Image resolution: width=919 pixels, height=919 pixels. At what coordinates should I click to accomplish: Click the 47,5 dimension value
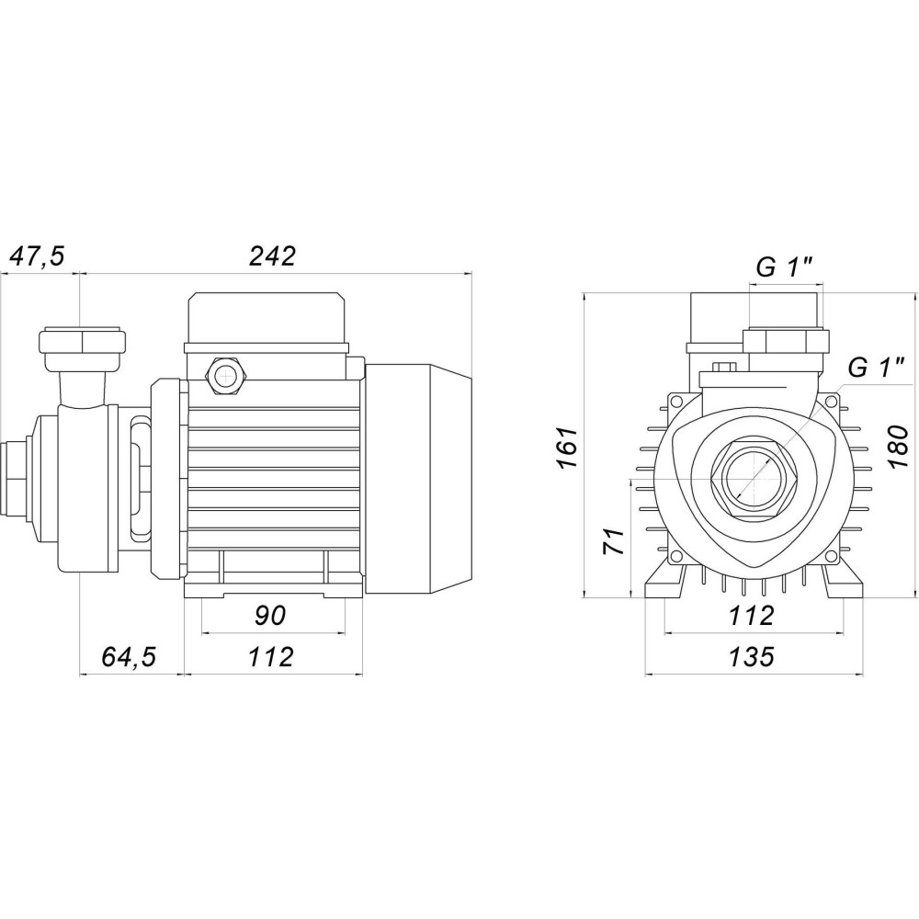[x=37, y=256]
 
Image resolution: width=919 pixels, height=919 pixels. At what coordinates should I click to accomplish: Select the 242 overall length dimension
[x=273, y=256]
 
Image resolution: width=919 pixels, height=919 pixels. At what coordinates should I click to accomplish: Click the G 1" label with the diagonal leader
[x=877, y=369]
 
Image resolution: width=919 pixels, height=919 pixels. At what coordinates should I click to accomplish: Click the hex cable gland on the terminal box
[x=223, y=373]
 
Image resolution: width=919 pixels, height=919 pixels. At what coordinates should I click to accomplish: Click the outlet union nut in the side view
[x=82, y=344]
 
